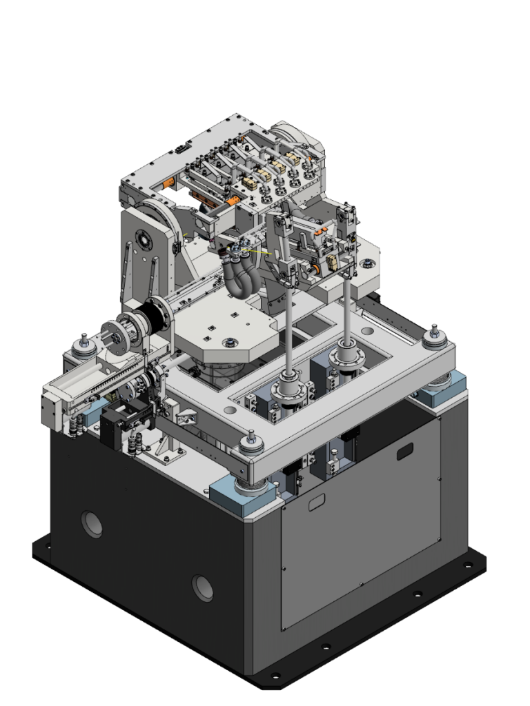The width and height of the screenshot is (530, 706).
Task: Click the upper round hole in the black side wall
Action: tap(92, 524)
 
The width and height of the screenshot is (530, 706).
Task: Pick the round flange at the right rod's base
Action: tap(343, 359)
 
